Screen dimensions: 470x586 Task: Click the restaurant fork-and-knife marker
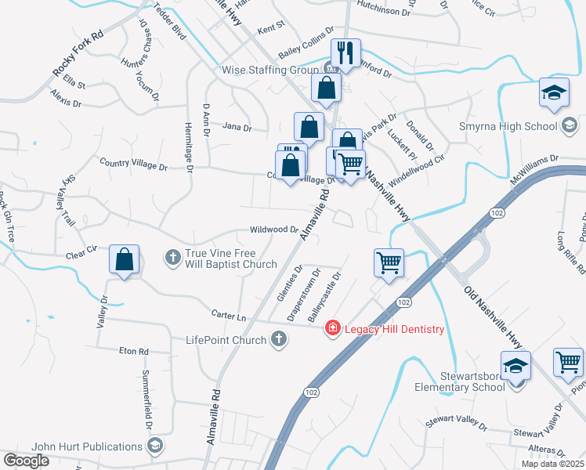click(345, 53)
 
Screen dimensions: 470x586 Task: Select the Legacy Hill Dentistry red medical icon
click(333, 328)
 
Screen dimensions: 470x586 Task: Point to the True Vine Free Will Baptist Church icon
click(173, 256)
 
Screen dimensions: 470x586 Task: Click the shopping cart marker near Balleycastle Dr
click(389, 262)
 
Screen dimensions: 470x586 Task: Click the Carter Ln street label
click(229, 314)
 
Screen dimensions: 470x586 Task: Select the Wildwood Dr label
click(273, 230)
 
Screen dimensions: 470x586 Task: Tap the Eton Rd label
click(133, 352)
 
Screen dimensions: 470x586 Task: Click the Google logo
click(26, 461)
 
